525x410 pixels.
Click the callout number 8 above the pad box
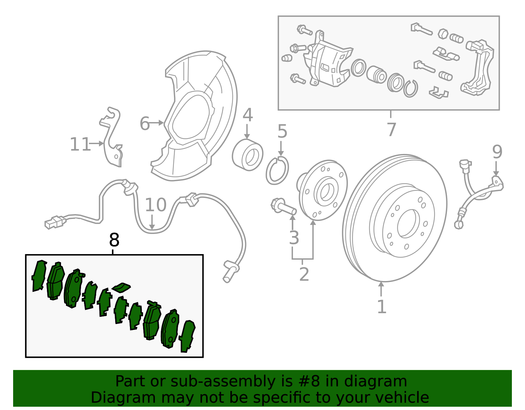click(114, 240)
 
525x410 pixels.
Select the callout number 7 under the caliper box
click(391, 129)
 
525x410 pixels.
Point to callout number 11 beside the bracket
click(80, 144)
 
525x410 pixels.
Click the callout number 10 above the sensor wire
click(156, 205)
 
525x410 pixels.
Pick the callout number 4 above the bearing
click(247, 115)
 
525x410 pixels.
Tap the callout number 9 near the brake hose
click(497, 152)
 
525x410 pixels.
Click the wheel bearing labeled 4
click(247, 155)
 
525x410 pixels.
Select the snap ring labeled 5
click(277, 171)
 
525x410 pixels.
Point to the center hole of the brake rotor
click(409, 223)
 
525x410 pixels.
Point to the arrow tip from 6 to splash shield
click(163, 123)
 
